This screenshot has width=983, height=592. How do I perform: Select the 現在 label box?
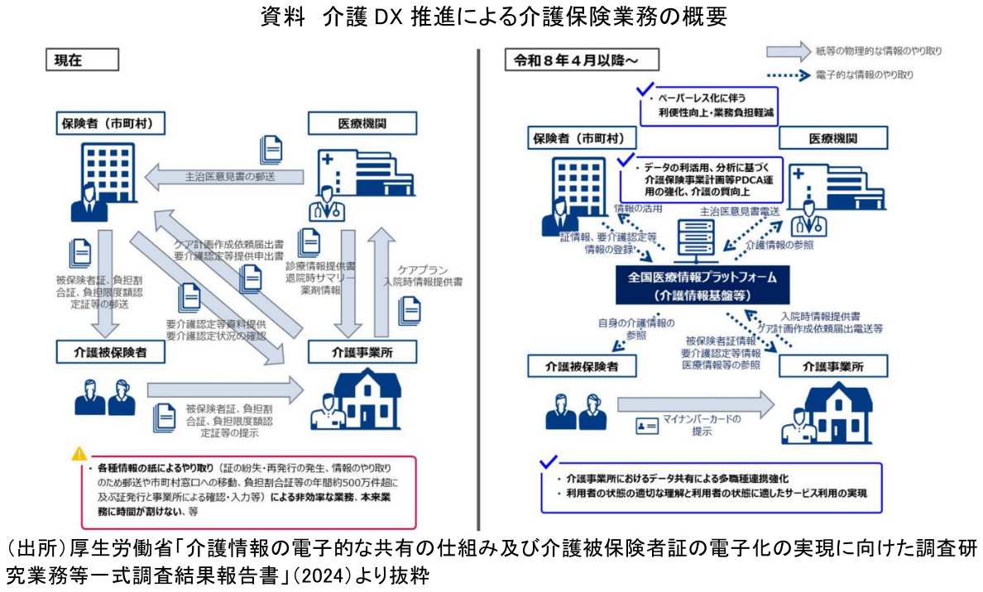coord(81,60)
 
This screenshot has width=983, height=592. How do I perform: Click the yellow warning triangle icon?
coord(79,454)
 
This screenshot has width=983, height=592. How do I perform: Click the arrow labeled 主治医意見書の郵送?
coord(224,175)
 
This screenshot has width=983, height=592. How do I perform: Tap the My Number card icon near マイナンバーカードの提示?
coord(646,427)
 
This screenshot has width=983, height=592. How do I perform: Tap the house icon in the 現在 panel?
coord(352,398)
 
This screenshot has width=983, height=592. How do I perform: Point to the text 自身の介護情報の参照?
coord(636,328)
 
